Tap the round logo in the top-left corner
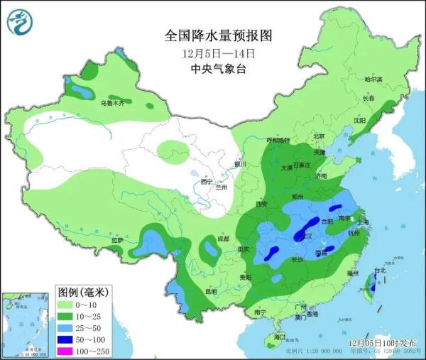coord(22,22)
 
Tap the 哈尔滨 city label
coord(372,79)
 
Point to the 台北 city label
coord(381,271)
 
